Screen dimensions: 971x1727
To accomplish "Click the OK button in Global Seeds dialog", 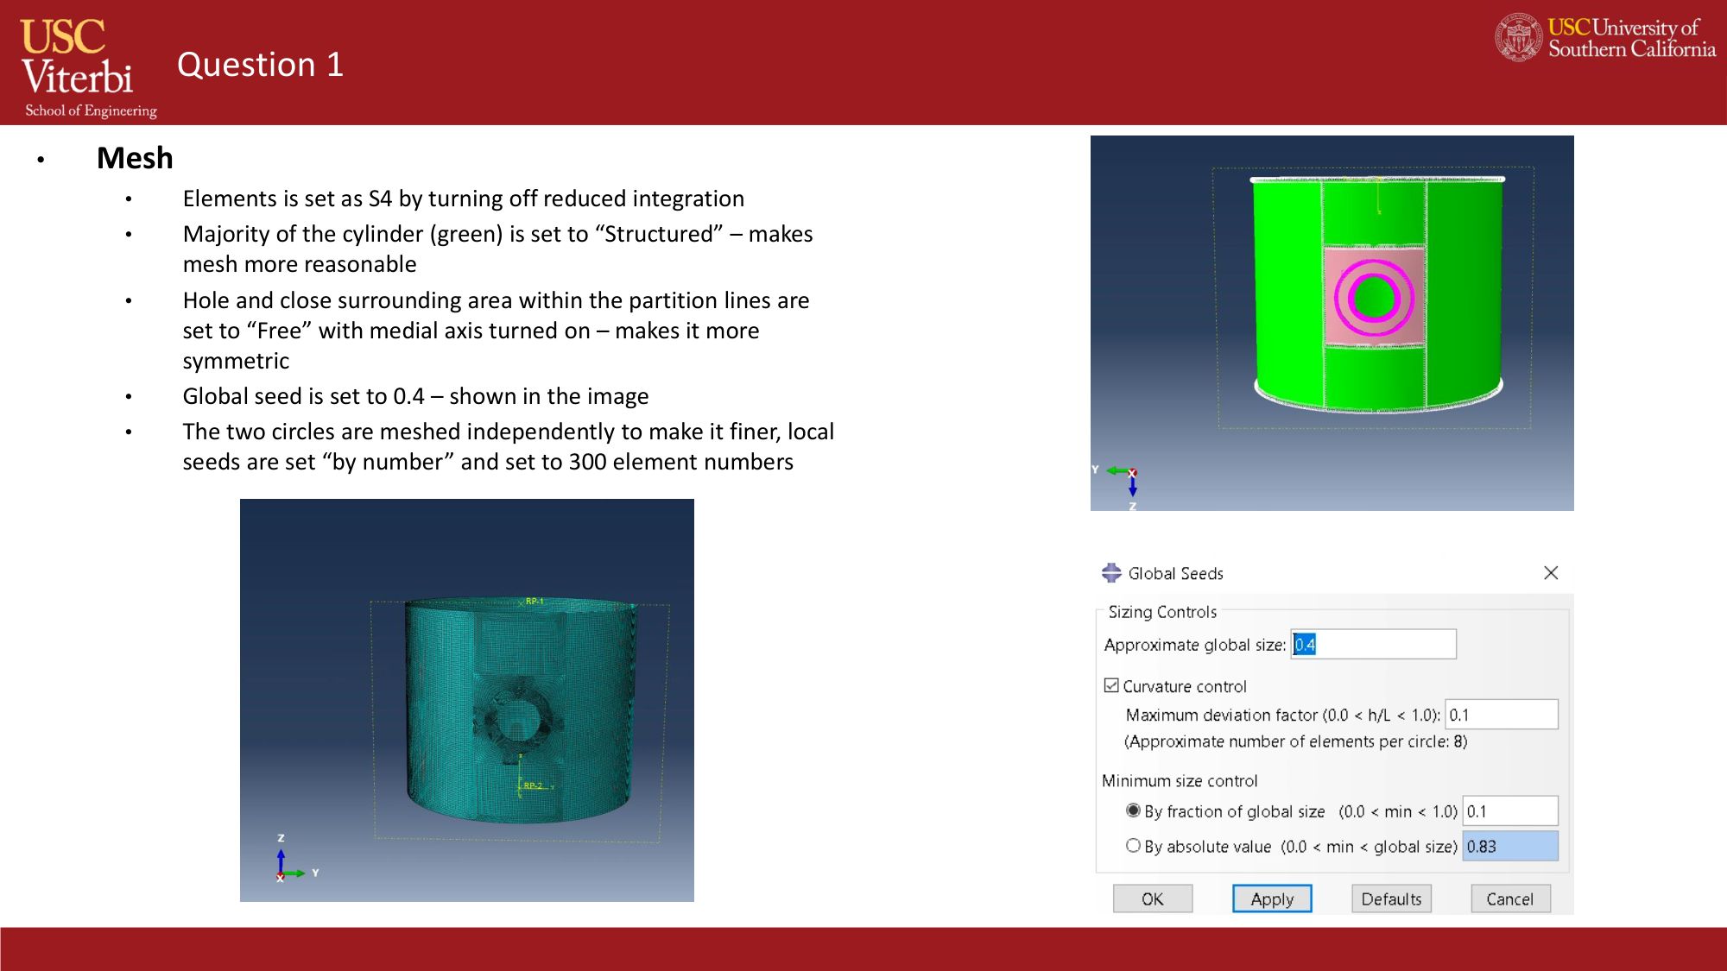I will click(x=1152, y=898).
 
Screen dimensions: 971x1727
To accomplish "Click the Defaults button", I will click(x=1391, y=898).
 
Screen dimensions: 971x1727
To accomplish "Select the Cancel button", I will click(x=1509, y=898).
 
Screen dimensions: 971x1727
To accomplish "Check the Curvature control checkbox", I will click(x=1111, y=685).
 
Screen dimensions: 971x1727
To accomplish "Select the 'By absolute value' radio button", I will click(x=1133, y=846).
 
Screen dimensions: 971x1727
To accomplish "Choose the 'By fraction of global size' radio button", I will click(x=1133, y=810).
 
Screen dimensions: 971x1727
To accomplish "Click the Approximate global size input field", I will click(x=1373, y=644).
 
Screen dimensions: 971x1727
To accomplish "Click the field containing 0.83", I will click(x=1509, y=846).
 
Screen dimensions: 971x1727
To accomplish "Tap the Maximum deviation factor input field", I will click(x=1501, y=715).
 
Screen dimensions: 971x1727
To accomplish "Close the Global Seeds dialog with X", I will click(x=1551, y=573).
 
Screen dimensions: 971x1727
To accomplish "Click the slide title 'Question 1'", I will click(x=260, y=65).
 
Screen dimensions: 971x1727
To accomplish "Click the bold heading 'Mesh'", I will click(x=135, y=158).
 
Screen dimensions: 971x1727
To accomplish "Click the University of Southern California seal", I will click(x=1518, y=37).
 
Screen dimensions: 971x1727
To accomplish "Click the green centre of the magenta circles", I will click(x=1373, y=299).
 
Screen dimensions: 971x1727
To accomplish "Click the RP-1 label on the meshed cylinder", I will click(x=535, y=601).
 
